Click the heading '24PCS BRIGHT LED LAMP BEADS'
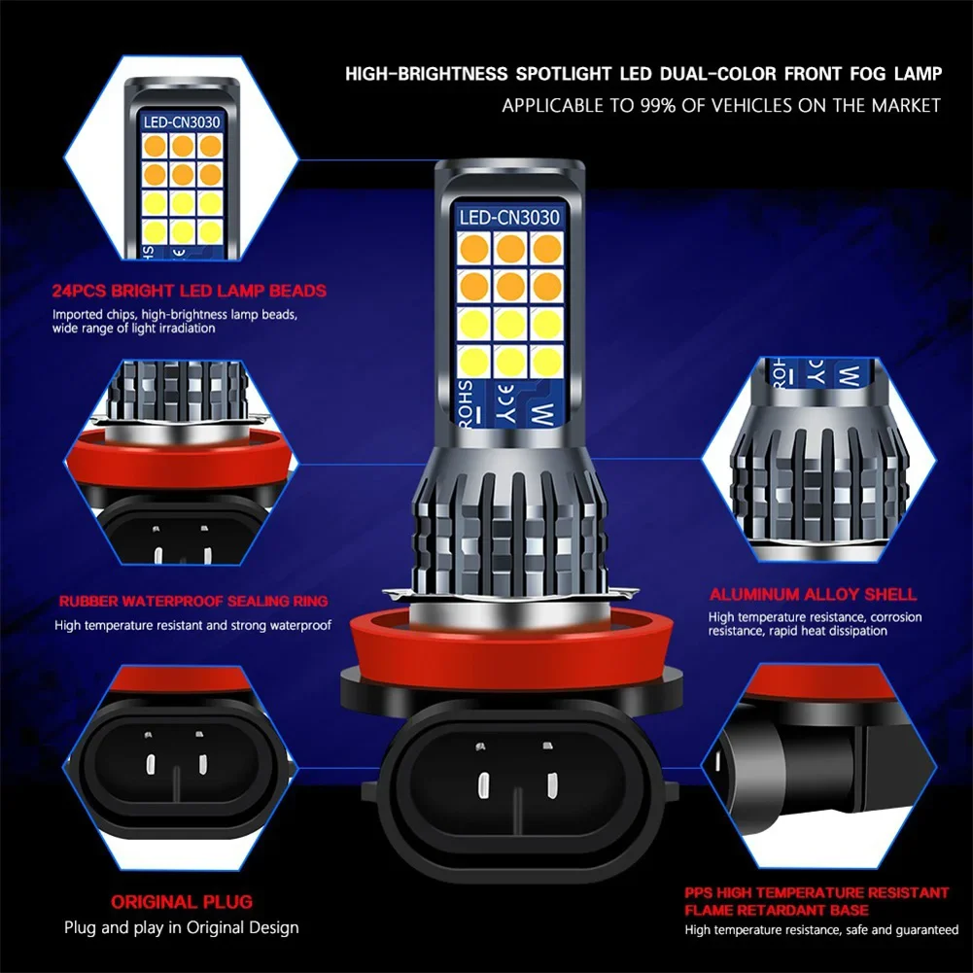coord(189,291)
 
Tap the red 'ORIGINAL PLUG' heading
coord(181,901)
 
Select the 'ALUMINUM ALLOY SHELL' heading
coord(813,594)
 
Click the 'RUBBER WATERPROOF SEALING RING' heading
coord(192,602)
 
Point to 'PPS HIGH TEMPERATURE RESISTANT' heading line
coord(817,892)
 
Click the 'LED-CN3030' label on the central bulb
coord(509,218)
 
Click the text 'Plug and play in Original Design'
coord(182,927)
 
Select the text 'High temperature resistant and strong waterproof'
coord(192,625)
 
